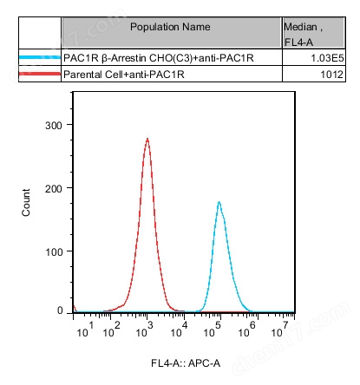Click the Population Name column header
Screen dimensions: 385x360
point(170,27)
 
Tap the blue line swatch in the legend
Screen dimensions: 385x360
point(39,57)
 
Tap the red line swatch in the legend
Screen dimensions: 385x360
point(39,75)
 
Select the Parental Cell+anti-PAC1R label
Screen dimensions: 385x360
point(126,75)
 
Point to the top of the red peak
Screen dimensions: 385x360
point(147,139)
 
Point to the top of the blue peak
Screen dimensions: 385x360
point(219,203)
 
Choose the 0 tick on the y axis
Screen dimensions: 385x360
point(61,310)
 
